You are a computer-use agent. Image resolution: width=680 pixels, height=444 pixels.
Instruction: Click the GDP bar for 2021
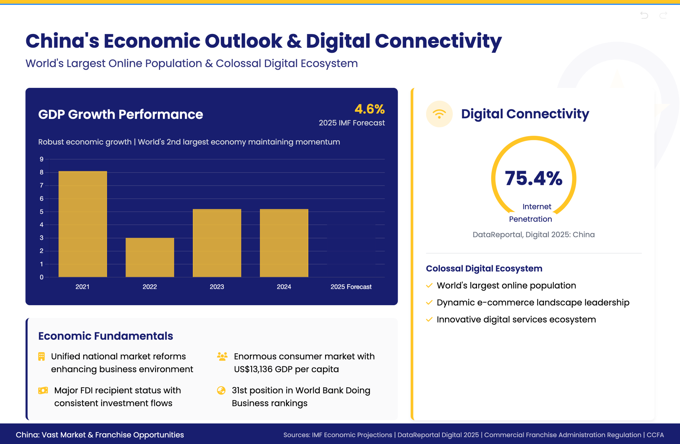83,224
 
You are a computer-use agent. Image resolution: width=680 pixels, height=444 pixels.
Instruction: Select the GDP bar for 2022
150,257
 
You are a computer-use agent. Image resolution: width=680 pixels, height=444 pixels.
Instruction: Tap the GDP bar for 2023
217,243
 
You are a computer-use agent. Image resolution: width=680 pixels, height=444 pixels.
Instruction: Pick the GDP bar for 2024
284,243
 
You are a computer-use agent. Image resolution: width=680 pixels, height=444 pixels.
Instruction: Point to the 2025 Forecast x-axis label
351,287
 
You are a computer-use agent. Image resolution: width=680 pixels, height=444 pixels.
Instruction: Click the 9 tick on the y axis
41,159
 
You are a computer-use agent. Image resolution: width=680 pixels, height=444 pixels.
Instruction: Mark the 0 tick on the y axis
41,277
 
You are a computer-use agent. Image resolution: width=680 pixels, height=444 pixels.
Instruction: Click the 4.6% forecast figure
369,109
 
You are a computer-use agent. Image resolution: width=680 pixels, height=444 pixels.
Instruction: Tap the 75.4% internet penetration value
533,178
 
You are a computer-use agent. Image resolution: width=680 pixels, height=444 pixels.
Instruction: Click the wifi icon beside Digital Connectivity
439,114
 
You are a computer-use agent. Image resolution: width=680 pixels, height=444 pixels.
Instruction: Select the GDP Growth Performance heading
120,114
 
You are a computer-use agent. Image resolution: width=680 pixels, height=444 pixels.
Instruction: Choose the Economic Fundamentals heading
106,336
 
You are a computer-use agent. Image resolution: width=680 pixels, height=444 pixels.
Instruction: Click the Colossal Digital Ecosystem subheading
484,268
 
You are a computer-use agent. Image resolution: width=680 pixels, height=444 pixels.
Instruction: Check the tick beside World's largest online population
429,285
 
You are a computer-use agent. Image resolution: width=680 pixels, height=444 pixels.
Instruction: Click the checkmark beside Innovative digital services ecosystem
429,319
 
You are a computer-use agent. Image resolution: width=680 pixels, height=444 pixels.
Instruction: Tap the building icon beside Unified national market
41,357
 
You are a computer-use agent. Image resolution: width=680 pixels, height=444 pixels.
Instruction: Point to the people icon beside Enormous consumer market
222,357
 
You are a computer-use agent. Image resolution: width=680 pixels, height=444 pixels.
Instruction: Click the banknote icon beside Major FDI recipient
43,391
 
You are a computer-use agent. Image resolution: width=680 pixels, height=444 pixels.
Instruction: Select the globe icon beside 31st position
221,391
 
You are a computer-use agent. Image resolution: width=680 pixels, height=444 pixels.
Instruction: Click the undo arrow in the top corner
644,15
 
